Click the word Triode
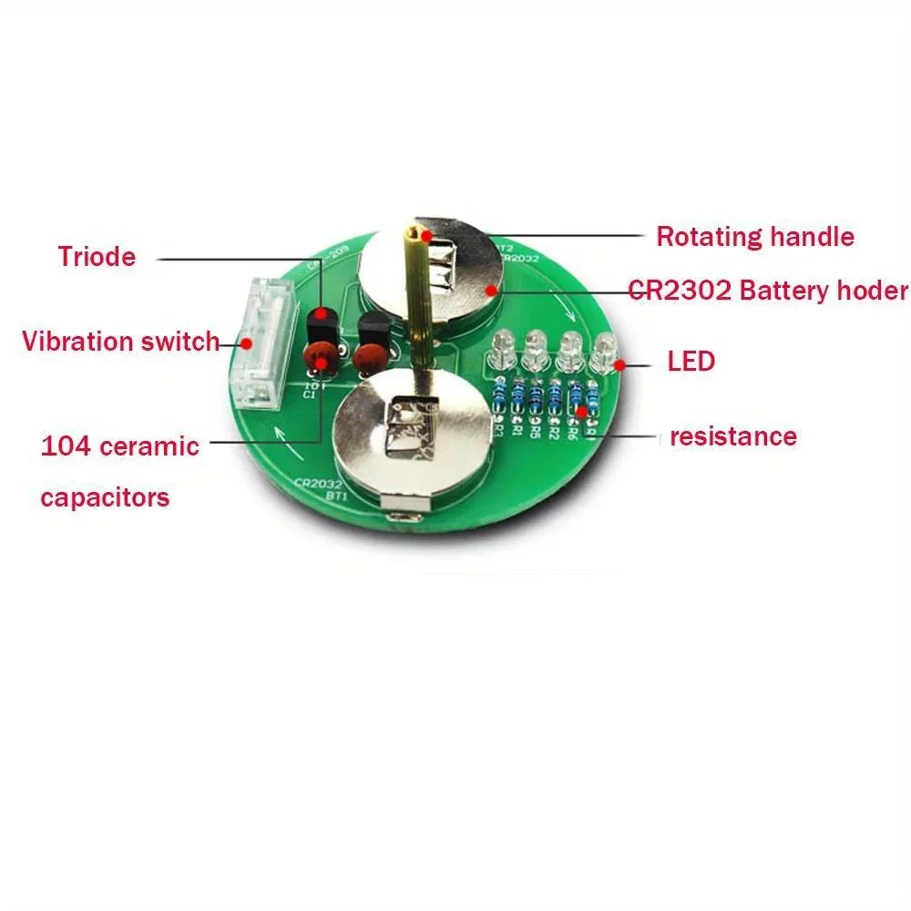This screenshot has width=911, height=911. pyautogui.click(x=97, y=256)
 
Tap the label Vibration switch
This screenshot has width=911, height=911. pyautogui.click(x=120, y=342)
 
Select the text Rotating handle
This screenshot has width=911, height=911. pyautogui.click(x=755, y=237)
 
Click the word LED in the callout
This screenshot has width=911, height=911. pyautogui.click(x=691, y=362)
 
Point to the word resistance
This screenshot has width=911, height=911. pyautogui.click(x=732, y=436)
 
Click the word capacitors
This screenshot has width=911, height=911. pyautogui.click(x=105, y=497)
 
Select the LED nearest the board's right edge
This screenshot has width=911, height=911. pyautogui.click(x=604, y=352)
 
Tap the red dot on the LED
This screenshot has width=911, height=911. pyautogui.click(x=620, y=365)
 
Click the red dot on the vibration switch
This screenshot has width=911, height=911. pyautogui.click(x=245, y=343)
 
